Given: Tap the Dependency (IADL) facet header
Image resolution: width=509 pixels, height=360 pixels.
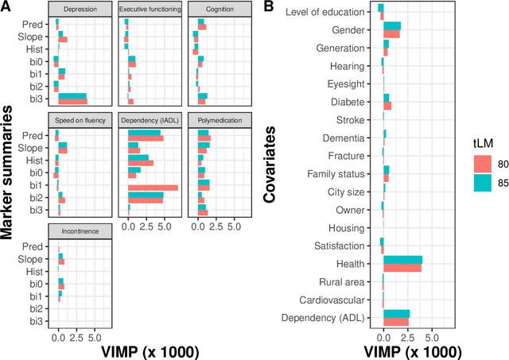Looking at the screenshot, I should pos(150,119).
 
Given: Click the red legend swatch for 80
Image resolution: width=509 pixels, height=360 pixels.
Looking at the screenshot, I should pos(481,164).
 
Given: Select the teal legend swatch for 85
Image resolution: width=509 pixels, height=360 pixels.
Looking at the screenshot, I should pos(481,182).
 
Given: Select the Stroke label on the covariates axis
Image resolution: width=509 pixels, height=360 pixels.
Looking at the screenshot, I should pos(351,120).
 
